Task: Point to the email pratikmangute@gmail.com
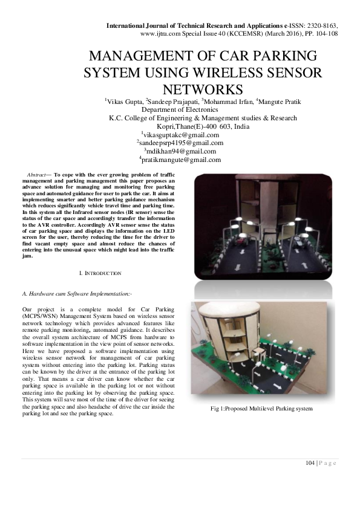[x=180, y=160]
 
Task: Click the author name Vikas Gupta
[x=125, y=101]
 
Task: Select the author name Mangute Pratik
[x=281, y=101]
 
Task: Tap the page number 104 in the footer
[x=310, y=463]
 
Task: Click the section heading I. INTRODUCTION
[x=100, y=274]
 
